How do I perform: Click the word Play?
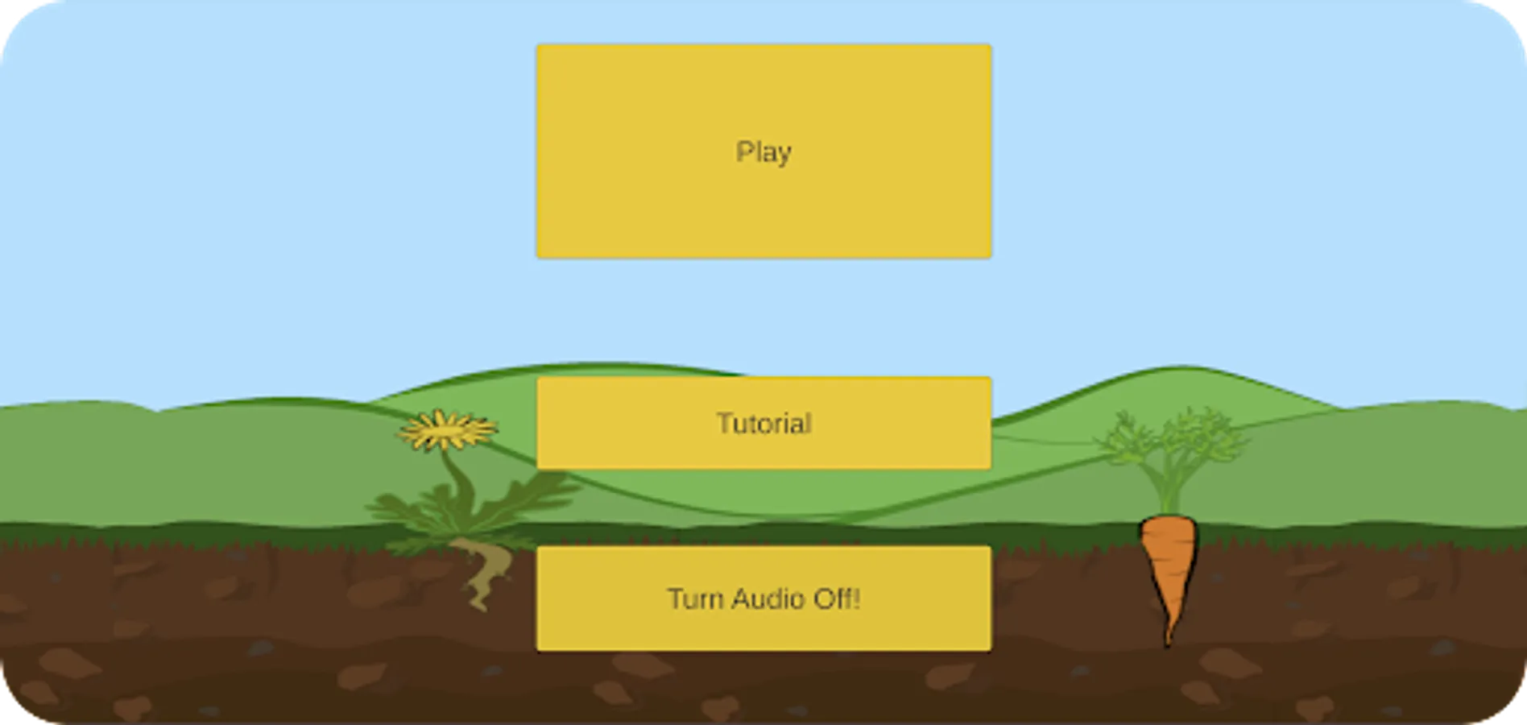point(763,151)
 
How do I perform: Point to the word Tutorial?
point(763,424)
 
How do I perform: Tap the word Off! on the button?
point(836,599)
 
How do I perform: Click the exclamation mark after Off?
point(856,599)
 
